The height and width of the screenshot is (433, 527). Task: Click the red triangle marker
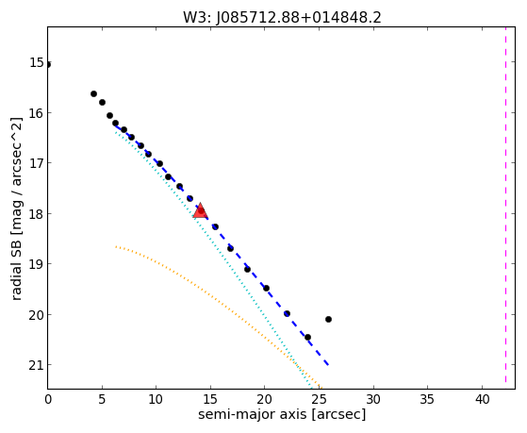point(200,210)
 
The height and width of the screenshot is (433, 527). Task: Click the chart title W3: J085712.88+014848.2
point(282,17)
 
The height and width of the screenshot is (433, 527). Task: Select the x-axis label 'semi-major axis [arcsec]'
point(282,414)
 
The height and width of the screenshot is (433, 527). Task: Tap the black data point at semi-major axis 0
point(48,64)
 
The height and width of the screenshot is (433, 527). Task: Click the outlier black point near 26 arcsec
point(328,319)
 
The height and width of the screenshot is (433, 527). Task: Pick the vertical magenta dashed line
point(505,205)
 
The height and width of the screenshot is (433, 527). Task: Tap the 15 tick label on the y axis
point(37,62)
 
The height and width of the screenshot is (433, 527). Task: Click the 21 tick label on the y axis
point(37,365)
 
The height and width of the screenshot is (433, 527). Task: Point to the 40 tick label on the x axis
point(482,400)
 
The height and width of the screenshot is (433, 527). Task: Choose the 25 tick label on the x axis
point(319,400)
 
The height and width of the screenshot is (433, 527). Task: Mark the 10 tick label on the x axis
point(156,400)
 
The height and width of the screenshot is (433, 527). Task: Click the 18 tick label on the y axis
point(37,213)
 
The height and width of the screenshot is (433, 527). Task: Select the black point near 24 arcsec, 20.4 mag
point(307,337)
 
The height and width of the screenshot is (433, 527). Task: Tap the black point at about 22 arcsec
point(287,313)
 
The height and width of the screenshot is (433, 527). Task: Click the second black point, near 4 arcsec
point(93,94)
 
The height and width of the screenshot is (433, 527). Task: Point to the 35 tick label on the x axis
point(427,400)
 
